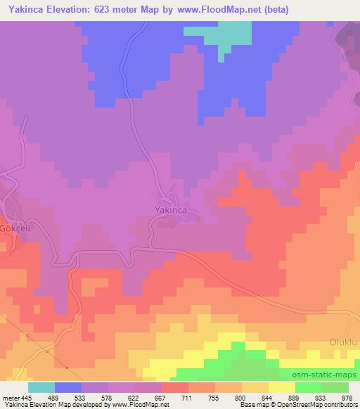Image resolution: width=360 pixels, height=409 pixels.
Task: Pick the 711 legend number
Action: click(188, 397)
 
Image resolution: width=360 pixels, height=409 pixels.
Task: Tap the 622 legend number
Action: click(135, 397)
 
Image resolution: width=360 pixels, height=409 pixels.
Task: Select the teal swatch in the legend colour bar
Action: click(41, 387)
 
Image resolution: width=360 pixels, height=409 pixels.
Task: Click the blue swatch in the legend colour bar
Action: click(68, 387)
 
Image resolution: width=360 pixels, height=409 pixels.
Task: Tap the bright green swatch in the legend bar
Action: click(309, 387)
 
